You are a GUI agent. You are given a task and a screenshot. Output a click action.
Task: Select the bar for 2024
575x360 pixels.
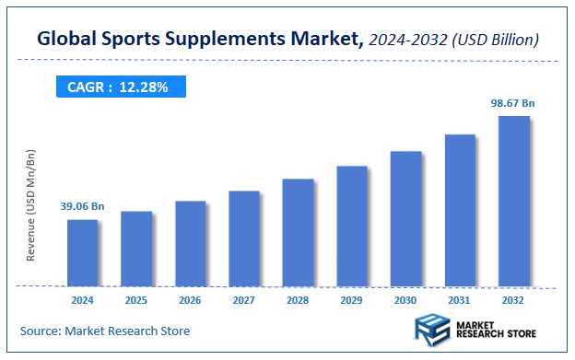[x=83, y=253]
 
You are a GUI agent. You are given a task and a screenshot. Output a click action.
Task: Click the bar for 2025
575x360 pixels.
[x=136, y=249]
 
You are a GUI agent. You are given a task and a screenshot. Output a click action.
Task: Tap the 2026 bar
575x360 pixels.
[x=191, y=244]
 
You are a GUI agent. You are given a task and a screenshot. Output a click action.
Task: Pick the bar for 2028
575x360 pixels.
[x=299, y=232]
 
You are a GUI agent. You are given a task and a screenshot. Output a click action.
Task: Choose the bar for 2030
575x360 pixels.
[x=406, y=218]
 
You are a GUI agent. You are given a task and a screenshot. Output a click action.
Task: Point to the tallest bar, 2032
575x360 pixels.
[x=514, y=201]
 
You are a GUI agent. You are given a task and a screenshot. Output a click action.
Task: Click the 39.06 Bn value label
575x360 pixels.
[x=83, y=207]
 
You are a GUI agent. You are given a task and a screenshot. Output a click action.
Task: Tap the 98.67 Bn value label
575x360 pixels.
[x=513, y=104]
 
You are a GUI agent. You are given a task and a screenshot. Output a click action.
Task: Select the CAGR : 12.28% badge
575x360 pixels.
[x=120, y=87]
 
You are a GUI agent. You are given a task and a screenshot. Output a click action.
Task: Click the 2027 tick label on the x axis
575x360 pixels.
[x=244, y=300]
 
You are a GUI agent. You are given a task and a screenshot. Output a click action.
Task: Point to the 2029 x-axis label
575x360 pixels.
[x=352, y=300]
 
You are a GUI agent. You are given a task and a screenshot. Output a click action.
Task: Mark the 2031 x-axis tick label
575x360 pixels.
[x=460, y=300]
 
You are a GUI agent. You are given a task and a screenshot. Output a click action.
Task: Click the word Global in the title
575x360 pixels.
[x=67, y=40]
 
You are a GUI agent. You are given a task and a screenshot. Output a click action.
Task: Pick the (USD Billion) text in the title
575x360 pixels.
[x=498, y=40]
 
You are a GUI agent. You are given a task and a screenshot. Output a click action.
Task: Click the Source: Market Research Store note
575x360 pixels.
[x=105, y=331]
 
